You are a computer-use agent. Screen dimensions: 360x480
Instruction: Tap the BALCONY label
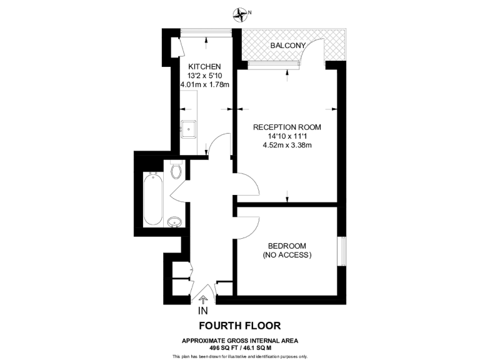coord(288,46)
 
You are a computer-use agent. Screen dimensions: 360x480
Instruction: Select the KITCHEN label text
coord(205,66)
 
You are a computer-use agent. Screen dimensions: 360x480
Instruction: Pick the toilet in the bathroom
coord(177,169)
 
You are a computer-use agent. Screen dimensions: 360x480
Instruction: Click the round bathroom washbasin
coord(176,221)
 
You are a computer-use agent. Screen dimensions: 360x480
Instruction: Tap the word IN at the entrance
coord(202,311)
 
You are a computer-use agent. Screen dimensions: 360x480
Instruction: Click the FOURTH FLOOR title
coord(239,326)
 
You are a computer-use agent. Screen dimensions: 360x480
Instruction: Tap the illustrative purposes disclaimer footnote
coord(239,356)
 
